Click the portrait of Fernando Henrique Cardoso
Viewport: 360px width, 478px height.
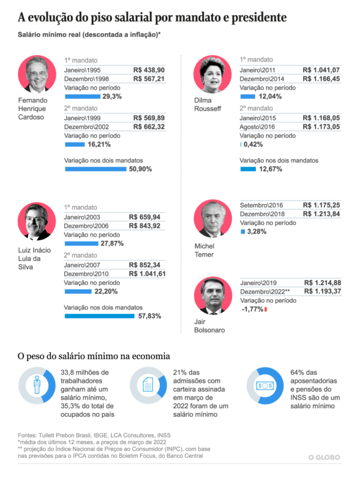pyautogui.click(x=37, y=74)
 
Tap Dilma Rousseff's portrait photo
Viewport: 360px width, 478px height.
pyautogui.click(x=212, y=74)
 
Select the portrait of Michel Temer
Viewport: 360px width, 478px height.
pyautogui.click(x=212, y=219)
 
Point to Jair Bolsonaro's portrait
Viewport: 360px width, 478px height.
pyautogui.click(x=213, y=295)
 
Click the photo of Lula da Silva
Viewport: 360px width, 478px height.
pyautogui.click(x=37, y=221)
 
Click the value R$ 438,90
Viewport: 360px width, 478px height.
pyautogui.click(x=149, y=70)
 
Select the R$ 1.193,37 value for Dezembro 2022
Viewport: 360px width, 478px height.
pyautogui.click(x=323, y=292)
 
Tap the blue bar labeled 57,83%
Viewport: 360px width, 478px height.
pyautogui.click(x=100, y=316)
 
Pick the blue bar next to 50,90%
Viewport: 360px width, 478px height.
pyautogui.click(x=96, y=169)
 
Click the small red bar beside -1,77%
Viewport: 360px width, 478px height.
pyautogui.click(x=266, y=309)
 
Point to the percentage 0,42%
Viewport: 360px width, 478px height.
pyautogui.click(x=253, y=145)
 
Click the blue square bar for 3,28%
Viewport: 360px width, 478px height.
pyautogui.click(x=242, y=232)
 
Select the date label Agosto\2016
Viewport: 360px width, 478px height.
pyautogui.click(x=257, y=127)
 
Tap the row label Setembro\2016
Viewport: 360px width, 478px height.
pyautogui.click(x=261, y=205)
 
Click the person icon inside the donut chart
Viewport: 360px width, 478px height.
pyautogui.click(x=37, y=385)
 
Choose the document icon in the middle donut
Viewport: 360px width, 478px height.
pyautogui.click(x=148, y=385)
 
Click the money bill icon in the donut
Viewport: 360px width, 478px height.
pyautogui.click(x=265, y=385)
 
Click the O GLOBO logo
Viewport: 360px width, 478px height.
pyautogui.click(x=324, y=457)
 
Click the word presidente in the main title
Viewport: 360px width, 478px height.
pyautogui.click(x=259, y=17)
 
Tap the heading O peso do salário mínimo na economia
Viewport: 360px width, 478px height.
pyautogui.click(x=94, y=356)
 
